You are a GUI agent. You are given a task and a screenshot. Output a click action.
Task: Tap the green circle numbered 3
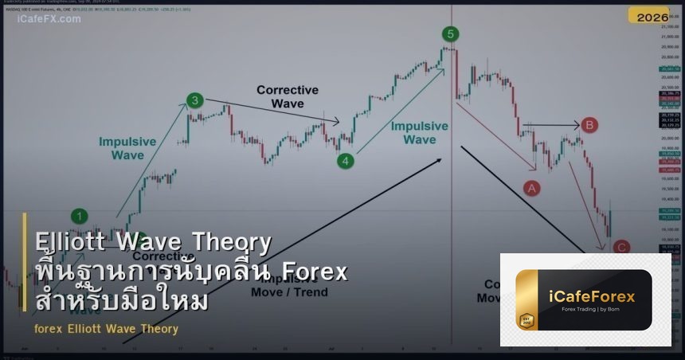point(195,100)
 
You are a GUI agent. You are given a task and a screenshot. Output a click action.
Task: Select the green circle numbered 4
point(345,161)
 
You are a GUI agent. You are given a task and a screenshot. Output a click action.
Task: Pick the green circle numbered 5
point(451,33)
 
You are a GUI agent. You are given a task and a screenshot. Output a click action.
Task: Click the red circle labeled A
point(531,188)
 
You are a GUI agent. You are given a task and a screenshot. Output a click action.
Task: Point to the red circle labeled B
point(589,124)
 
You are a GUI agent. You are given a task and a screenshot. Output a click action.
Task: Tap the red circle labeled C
point(622,248)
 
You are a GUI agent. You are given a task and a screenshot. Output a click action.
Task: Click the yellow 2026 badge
point(652,17)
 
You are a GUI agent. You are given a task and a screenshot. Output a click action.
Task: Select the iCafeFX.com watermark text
point(49,18)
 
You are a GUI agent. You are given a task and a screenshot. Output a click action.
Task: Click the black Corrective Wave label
point(287,96)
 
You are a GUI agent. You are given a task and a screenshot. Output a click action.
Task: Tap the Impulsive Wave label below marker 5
point(419,132)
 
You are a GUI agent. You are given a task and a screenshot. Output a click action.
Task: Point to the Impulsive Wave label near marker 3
point(127,148)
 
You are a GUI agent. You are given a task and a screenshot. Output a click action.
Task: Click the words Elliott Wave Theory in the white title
point(153,241)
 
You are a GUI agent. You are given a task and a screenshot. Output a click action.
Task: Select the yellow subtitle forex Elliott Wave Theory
point(106,329)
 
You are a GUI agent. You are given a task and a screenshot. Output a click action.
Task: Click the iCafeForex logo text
point(592,296)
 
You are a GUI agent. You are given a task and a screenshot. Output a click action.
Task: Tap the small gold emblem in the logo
point(526,321)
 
